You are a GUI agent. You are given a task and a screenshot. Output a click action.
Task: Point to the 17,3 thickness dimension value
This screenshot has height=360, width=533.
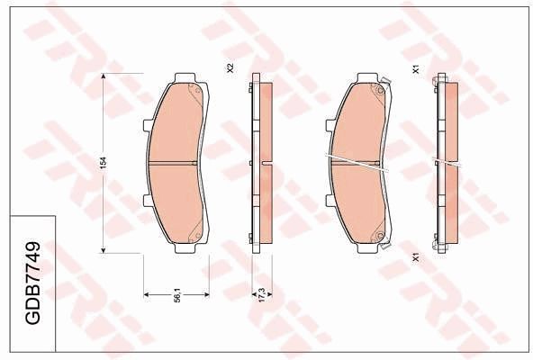click(x=261, y=293)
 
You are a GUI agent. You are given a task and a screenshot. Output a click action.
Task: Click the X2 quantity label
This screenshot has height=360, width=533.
click(x=230, y=68)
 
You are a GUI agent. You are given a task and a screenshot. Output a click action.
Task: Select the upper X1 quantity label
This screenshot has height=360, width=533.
click(x=415, y=68)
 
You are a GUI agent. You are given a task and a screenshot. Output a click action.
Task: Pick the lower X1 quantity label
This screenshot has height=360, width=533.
click(x=415, y=256)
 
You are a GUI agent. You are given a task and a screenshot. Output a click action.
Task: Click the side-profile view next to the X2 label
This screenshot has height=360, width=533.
click(x=261, y=163)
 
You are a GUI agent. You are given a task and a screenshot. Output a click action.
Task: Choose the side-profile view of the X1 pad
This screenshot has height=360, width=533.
click(x=446, y=163)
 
